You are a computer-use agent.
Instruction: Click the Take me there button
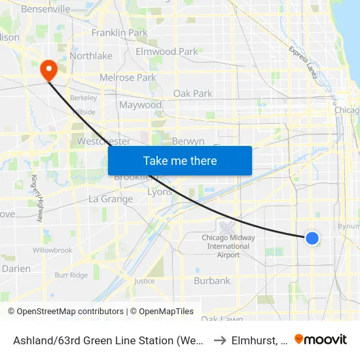(180, 160)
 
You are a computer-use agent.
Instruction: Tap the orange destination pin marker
(48, 69)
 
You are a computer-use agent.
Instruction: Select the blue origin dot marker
(312, 238)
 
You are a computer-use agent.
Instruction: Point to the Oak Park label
(192, 94)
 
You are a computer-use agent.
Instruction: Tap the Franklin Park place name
(120, 32)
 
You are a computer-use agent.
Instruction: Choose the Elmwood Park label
(166, 51)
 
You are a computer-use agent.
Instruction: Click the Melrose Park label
(128, 77)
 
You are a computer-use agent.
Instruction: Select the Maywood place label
(140, 105)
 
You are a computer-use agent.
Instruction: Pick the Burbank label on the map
(212, 281)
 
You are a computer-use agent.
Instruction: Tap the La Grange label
(111, 199)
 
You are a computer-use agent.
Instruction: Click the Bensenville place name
(46, 9)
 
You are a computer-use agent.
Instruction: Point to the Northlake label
(91, 56)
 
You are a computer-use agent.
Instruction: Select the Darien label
(16, 268)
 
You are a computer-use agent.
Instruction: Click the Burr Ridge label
(71, 276)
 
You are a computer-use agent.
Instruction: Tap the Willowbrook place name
(52, 250)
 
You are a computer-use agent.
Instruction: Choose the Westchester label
(103, 141)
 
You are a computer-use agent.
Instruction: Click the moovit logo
(321, 339)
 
